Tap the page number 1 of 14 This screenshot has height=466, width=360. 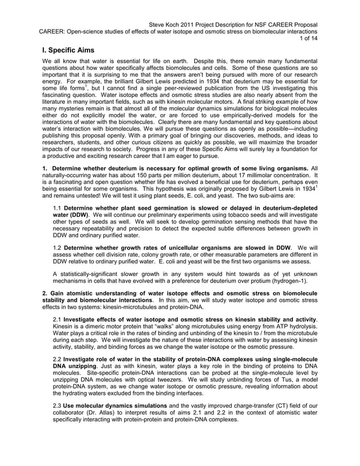point(309,39)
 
